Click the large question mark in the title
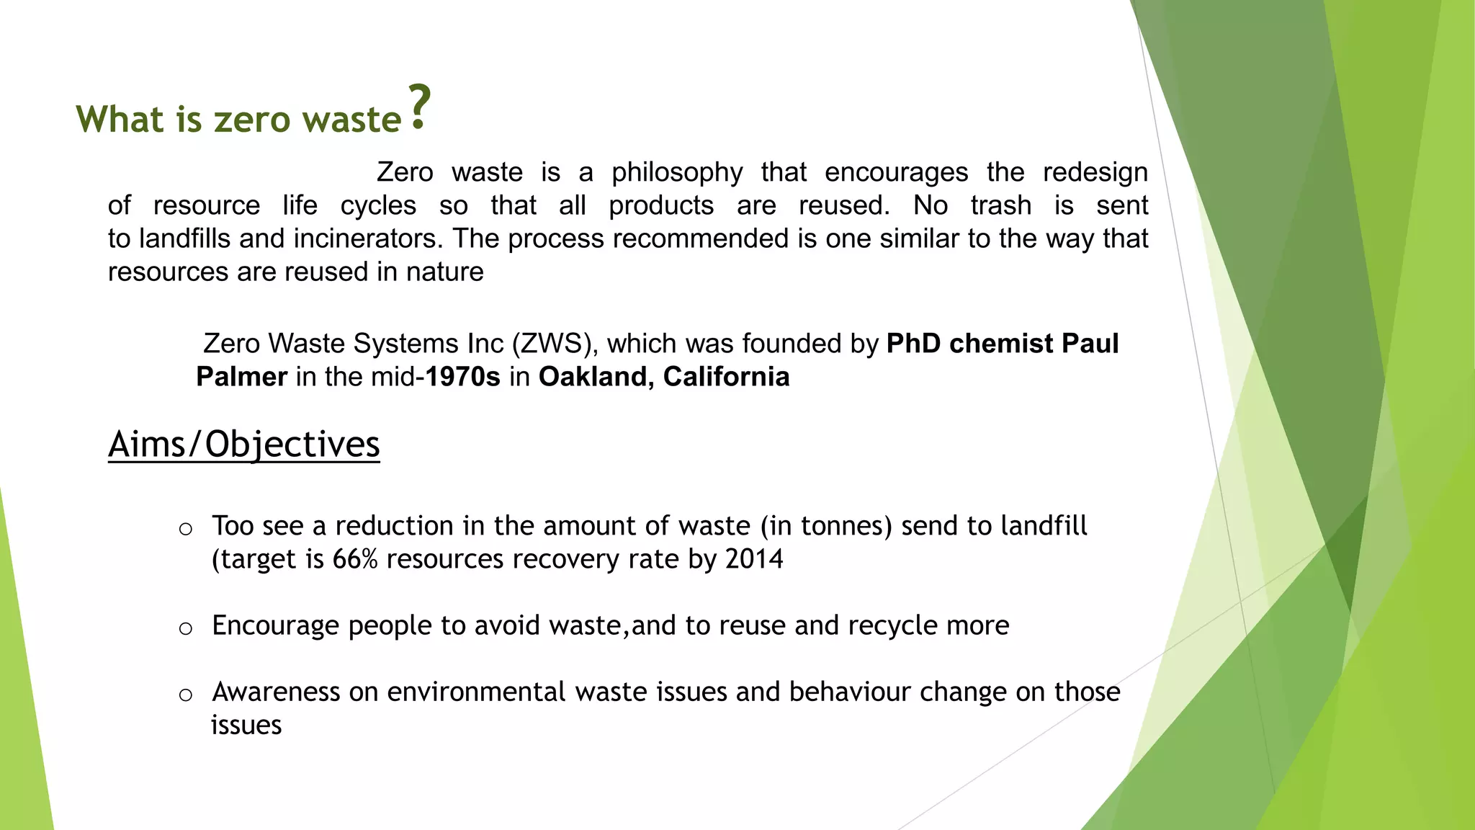point(419,107)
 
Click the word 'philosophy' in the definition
point(677,173)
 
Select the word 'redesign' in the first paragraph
point(1095,173)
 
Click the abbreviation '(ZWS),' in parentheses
point(555,344)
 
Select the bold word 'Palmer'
point(242,377)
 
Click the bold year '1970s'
point(462,377)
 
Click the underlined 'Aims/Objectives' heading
point(243,444)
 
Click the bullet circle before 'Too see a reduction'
point(186,529)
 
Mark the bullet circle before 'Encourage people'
point(186,628)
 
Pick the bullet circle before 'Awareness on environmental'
point(186,695)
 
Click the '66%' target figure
point(355,559)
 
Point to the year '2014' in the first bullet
point(754,559)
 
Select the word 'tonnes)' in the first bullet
point(847,526)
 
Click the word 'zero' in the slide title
point(252,119)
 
